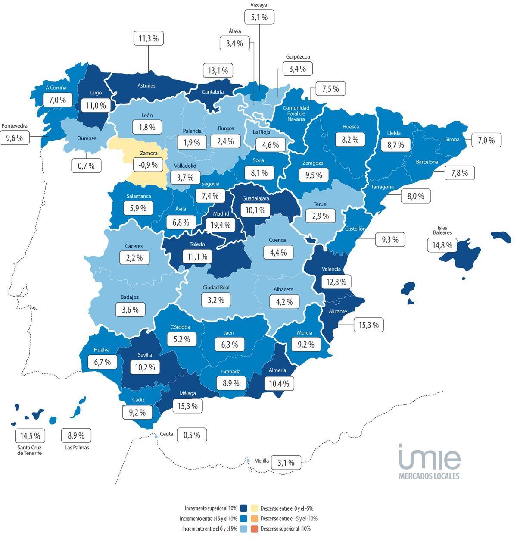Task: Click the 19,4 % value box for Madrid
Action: [221, 225]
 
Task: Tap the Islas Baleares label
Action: [442, 230]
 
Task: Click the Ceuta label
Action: [166, 434]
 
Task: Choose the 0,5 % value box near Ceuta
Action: [192, 435]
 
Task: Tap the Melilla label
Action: [262, 461]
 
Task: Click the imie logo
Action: [429, 457]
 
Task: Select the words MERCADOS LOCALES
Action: [429, 476]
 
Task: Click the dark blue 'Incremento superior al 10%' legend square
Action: [244, 508]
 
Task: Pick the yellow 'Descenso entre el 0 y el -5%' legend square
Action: [254, 508]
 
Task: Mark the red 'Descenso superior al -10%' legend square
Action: [254, 529]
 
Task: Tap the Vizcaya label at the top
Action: [259, 5]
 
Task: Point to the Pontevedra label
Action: [15, 126]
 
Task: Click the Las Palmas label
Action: [77, 448]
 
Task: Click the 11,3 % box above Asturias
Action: [148, 38]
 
